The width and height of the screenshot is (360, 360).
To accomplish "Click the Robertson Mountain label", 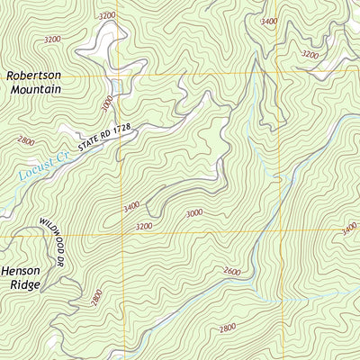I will pyautogui.click(x=34, y=83).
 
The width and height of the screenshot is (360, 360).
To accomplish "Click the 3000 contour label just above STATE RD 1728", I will pyautogui.click(x=110, y=105).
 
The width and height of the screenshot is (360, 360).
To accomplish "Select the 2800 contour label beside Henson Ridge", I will pyautogui.click(x=94, y=296).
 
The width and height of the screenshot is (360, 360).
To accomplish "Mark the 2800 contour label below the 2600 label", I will pyautogui.click(x=227, y=328).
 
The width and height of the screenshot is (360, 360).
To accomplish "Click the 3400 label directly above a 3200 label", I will pyautogui.click(x=131, y=207).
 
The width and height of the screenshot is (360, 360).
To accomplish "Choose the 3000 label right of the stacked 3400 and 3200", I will pyautogui.click(x=193, y=213).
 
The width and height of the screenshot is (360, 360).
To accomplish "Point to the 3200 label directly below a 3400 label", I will pyautogui.click(x=144, y=227).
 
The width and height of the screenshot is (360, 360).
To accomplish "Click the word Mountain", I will pyautogui.click(x=34, y=90).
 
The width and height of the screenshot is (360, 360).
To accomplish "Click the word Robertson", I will pyautogui.click(x=34, y=76).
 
